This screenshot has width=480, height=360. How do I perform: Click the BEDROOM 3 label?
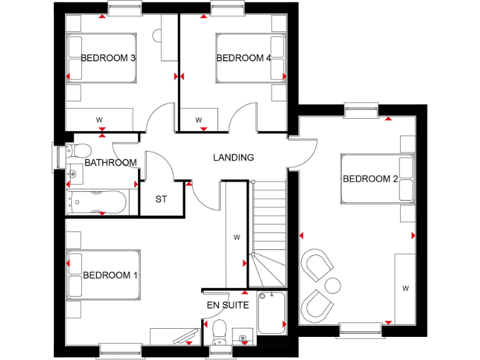tap(109, 58)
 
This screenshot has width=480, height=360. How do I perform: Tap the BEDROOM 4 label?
tap(244, 58)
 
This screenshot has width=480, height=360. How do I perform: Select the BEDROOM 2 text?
tap(370, 179)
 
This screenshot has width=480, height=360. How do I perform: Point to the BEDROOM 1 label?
tap(111, 275)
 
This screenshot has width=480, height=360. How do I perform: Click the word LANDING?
tap(233, 157)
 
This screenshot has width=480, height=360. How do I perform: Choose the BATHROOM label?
tap(111, 162)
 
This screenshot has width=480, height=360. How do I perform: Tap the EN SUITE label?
tap(227, 306)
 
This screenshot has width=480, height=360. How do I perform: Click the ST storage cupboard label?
tap(161, 200)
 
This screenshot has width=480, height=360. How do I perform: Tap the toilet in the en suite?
tap(219, 331)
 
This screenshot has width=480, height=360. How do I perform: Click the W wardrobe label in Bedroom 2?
tap(405, 288)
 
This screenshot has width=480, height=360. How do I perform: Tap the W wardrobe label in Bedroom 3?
tap(99, 119)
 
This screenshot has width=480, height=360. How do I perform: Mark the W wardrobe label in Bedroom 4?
tap(199, 119)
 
